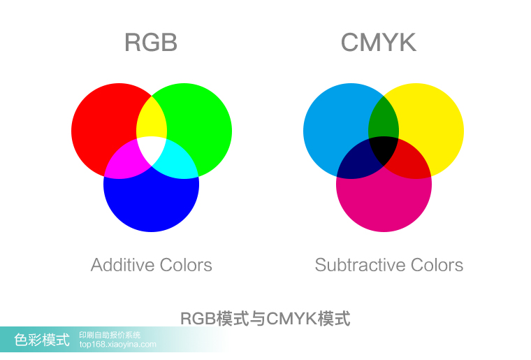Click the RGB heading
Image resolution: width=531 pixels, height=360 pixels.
151,43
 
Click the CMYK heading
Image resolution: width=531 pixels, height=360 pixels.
378,43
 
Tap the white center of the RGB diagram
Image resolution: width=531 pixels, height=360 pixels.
152,148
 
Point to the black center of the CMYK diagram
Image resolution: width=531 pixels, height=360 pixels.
384,148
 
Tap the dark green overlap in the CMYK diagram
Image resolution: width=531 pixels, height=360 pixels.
384,119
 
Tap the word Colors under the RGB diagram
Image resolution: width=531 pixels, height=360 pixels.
184,266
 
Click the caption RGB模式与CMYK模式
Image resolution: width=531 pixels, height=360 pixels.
265,319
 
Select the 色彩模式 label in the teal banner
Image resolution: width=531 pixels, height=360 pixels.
43,340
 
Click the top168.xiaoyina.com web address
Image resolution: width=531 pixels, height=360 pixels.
118,345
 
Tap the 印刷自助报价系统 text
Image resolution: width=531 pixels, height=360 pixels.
110,335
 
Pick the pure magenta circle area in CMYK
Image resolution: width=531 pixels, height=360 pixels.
384,203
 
